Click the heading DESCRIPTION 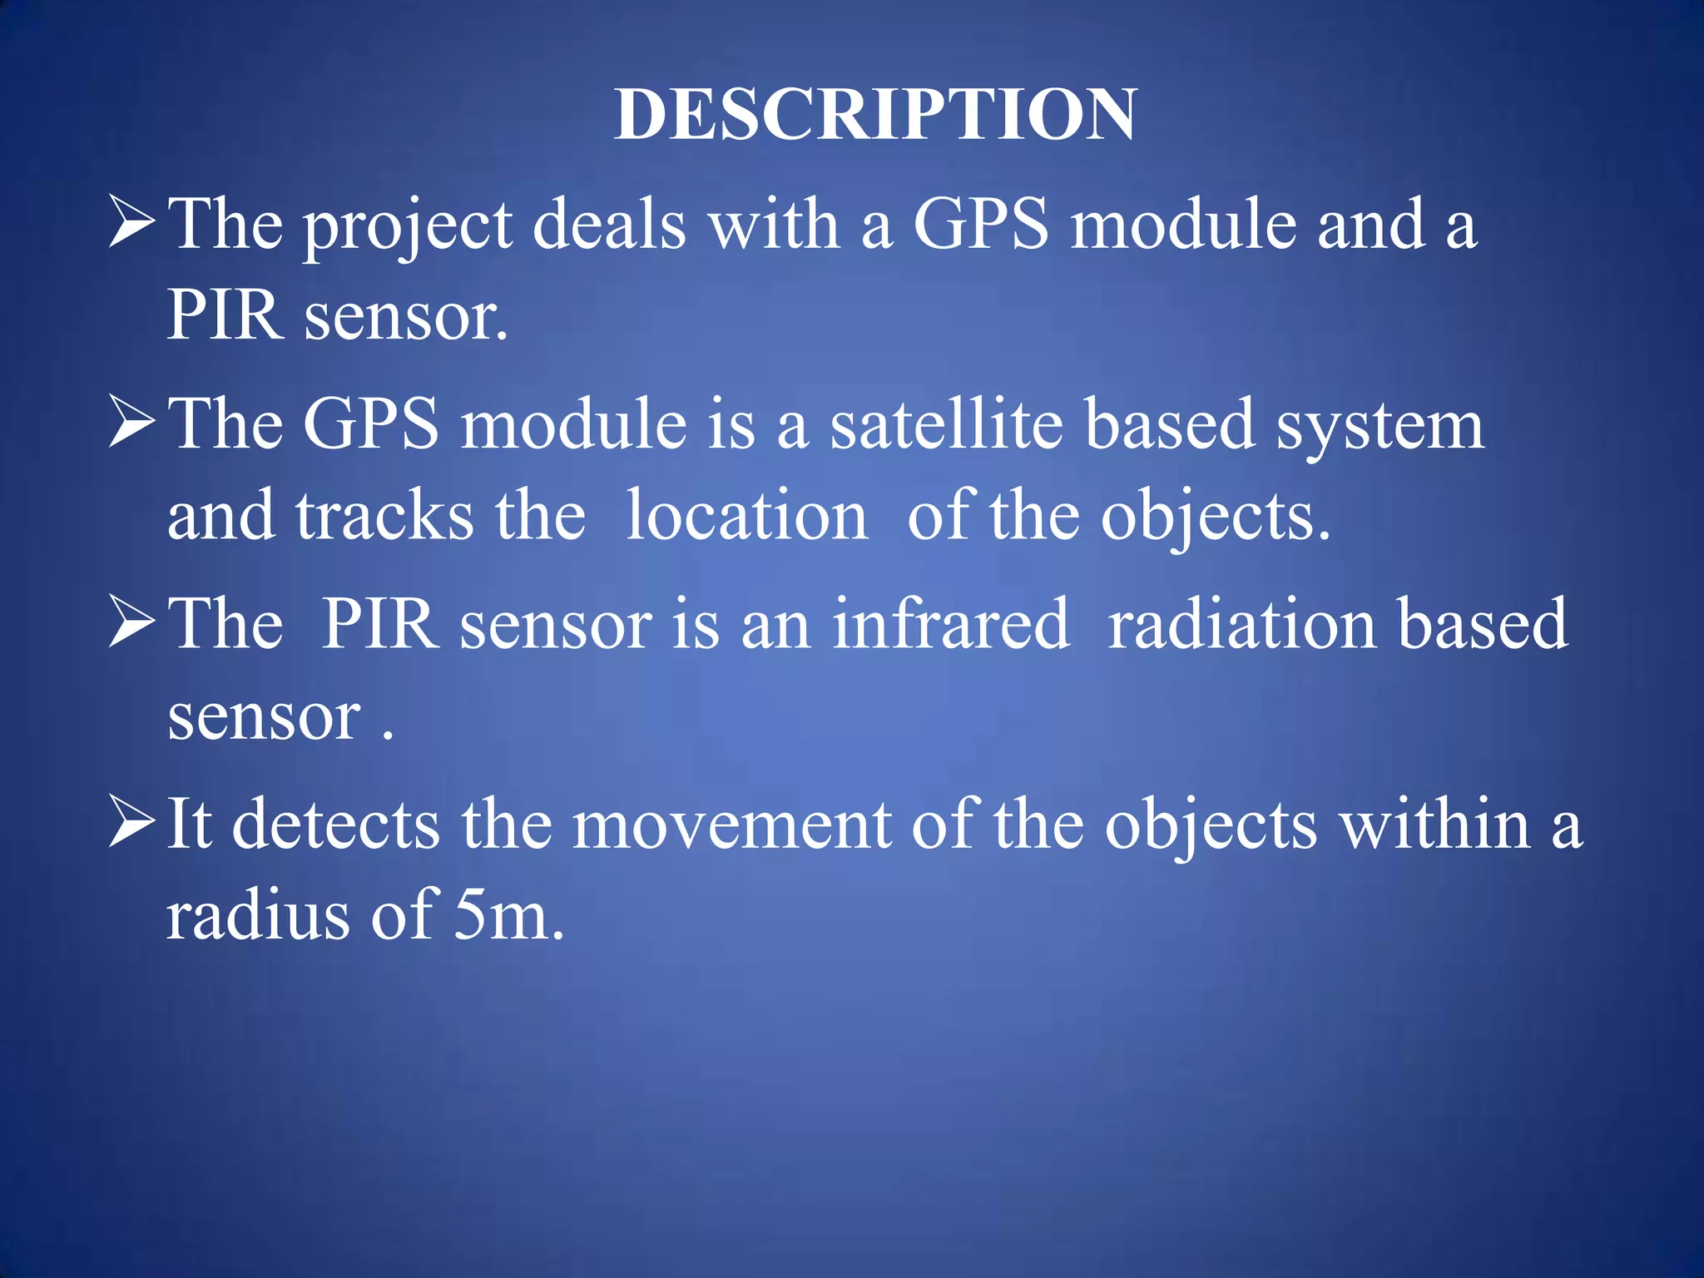point(875,114)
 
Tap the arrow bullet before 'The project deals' point(132,224)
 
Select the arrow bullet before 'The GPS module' point(132,424)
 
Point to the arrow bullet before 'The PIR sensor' point(132,623)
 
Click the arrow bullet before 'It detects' point(132,823)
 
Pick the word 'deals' point(609,225)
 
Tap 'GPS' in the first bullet point(981,225)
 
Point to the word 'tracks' point(384,516)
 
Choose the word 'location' point(746,516)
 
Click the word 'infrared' point(950,624)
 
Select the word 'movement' point(732,825)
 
